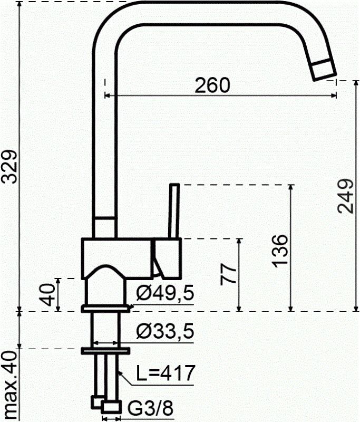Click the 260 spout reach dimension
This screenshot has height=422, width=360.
click(x=212, y=85)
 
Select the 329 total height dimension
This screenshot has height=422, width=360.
click(x=9, y=167)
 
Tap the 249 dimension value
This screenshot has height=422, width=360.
click(x=345, y=196)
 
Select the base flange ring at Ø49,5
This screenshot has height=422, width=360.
click(x=105, y=308)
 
